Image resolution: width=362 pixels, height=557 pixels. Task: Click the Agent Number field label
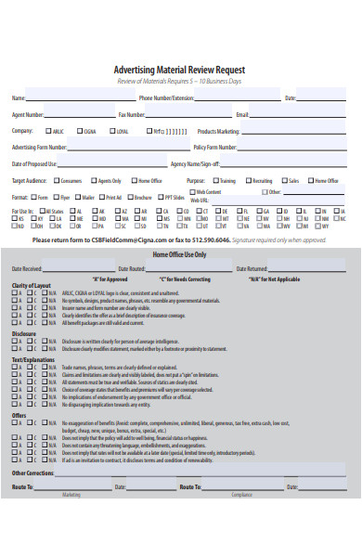[27, 114]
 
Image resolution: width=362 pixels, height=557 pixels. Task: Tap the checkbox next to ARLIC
[45, 131]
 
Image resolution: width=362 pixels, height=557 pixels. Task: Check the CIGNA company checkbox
[80, 131]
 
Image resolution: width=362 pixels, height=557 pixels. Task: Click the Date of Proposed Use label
[34, 163]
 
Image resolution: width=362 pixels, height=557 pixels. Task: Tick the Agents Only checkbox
[94, 181]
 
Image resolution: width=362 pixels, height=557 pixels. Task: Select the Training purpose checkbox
[215, 181]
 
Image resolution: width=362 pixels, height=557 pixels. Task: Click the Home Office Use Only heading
[180, 254]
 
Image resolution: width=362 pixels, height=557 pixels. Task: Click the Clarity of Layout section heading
[32, 284]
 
